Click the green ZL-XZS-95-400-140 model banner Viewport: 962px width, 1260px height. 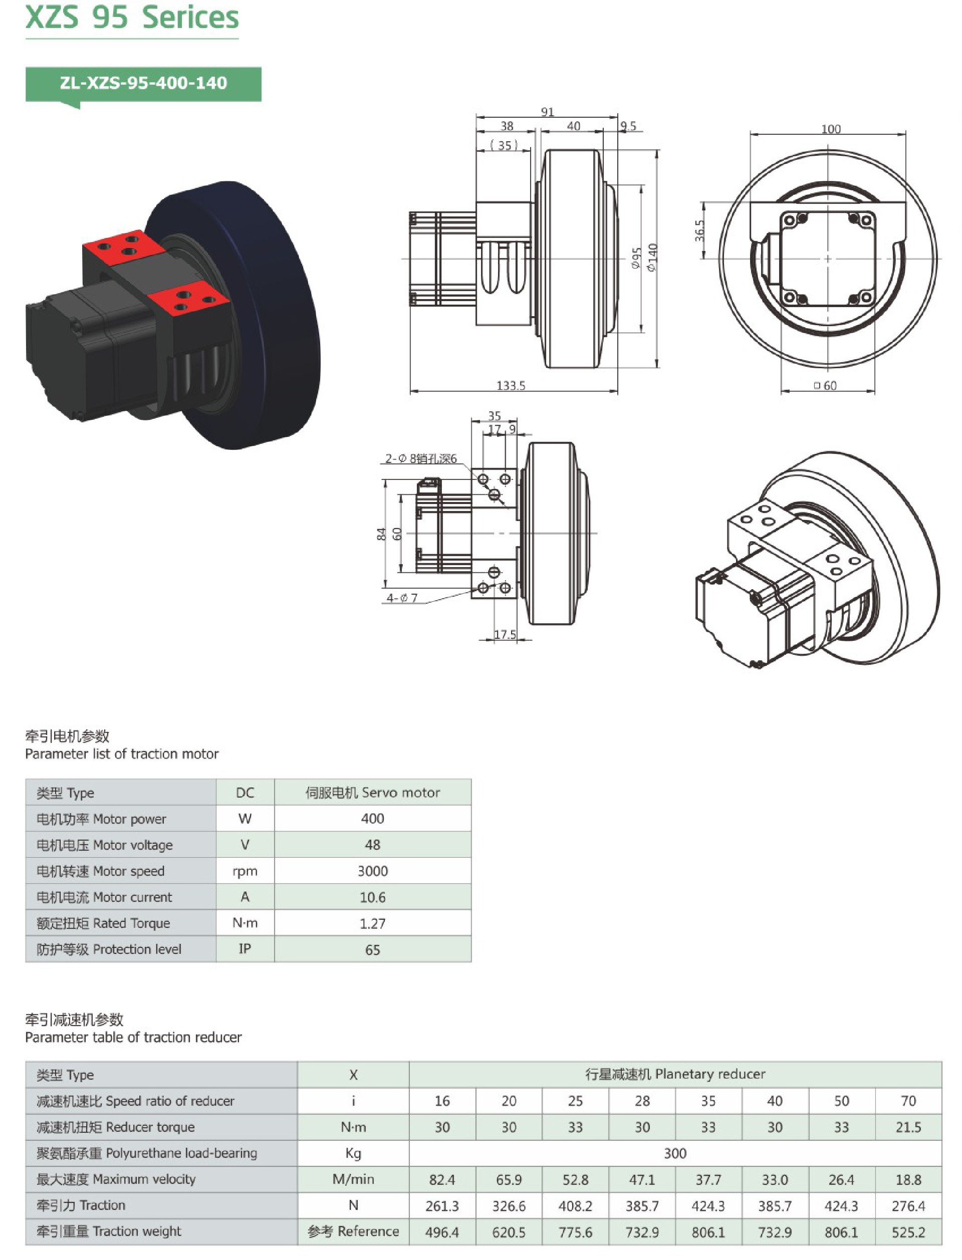point(143,84)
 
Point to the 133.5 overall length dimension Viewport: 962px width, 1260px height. point(511,385)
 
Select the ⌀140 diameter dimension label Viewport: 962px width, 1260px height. point(652,257)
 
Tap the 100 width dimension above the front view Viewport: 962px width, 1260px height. point(831,129)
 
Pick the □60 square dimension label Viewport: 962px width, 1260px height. point(826,385)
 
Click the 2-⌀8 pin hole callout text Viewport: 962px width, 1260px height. point(421,458)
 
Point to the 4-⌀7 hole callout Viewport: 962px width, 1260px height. point(402,598)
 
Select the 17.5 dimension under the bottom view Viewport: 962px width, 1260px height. point(505,634)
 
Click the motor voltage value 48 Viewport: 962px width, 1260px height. point(372,844)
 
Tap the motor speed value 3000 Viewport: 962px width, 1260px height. point(372,871)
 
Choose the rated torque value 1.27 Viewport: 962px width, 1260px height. point(372,923)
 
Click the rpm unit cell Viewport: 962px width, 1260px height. point(245,871)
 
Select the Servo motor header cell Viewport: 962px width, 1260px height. point(372,792)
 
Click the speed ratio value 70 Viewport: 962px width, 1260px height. point(908,1101)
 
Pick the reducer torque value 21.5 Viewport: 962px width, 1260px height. point(908,1127)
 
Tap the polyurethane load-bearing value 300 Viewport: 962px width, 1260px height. point(675,1153)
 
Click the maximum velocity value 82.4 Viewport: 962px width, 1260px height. point(442,1180)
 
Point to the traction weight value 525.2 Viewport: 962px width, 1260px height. point(908,1232)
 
